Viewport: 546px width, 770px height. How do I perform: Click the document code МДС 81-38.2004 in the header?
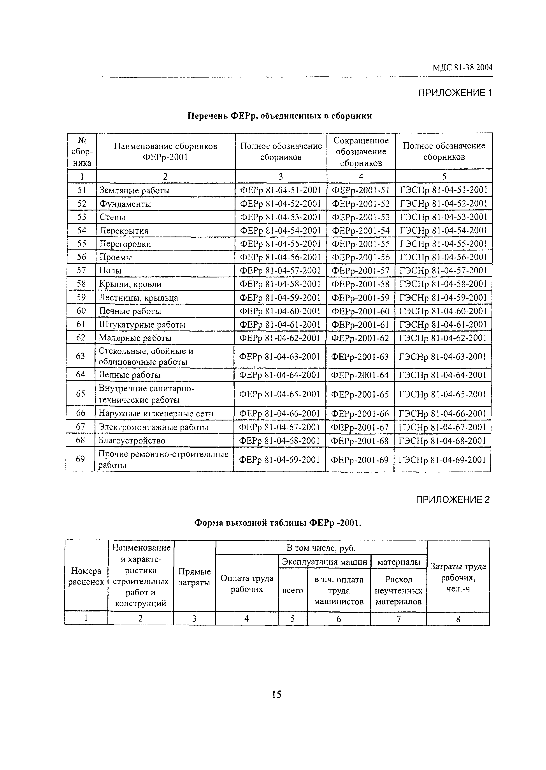(x=462, y=68)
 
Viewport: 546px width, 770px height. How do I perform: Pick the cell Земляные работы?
(x=135, y=190)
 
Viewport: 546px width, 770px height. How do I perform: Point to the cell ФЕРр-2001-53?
(x=361, y=217)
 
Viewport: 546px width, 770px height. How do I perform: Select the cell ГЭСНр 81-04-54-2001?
(x=443, y=230)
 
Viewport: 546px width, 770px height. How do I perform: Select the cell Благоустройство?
(x=132, y=440)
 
